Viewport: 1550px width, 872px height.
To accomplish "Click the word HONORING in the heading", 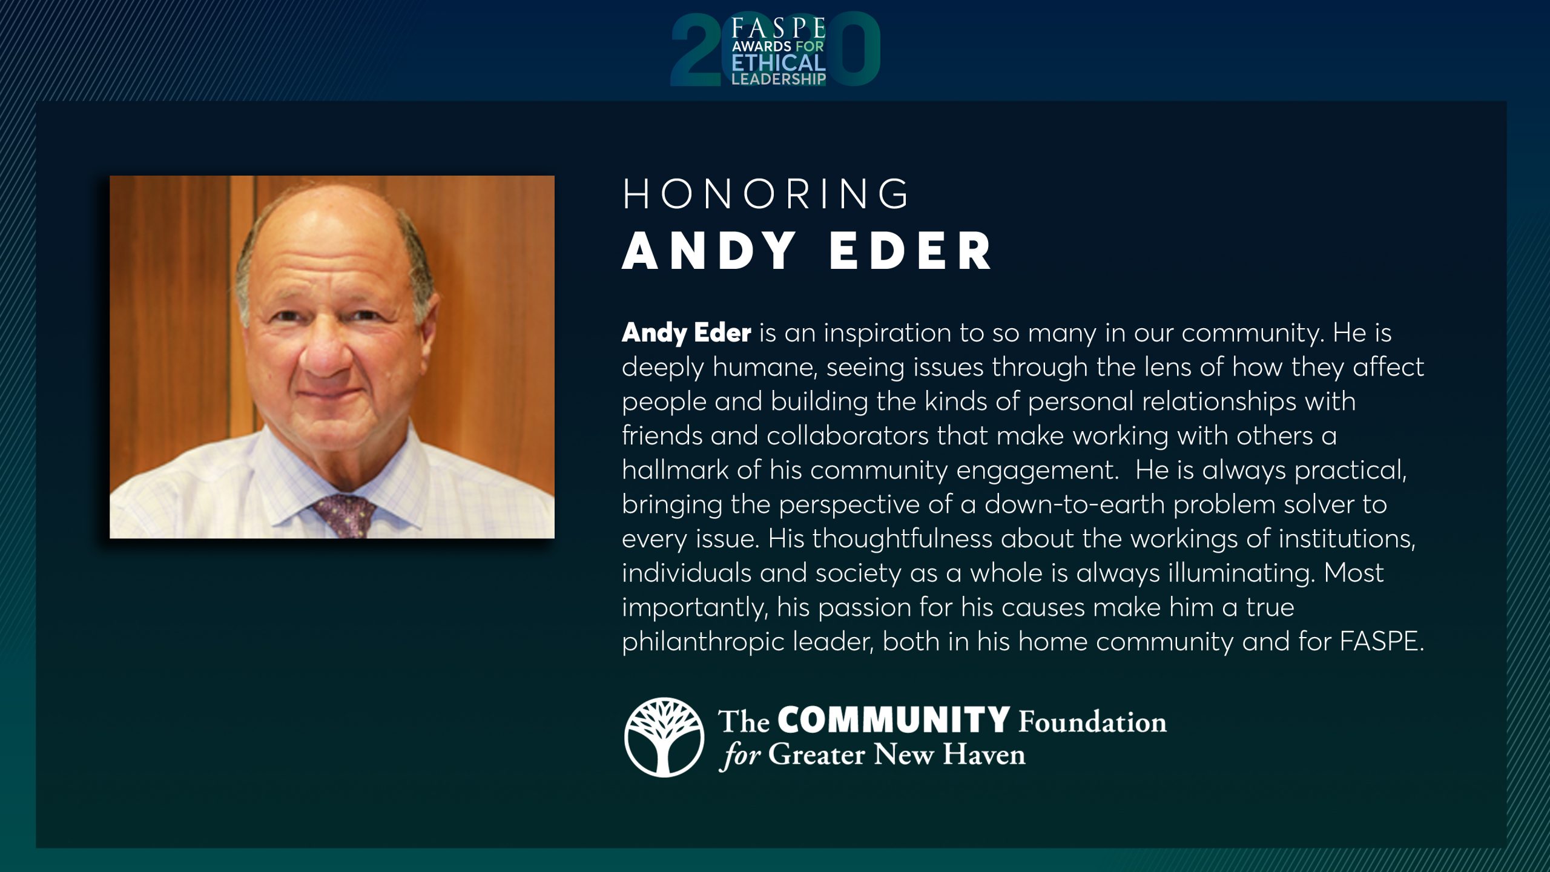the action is click(x=765, y=194).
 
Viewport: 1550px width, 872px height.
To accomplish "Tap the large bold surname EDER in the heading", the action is click(x=910, y=251).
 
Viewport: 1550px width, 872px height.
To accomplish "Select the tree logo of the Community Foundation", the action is click(x=664, y=737).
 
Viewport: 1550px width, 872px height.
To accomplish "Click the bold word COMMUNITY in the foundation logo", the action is click(x=894, y=720).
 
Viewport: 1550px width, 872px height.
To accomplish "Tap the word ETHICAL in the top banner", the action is click(x=779, y=63).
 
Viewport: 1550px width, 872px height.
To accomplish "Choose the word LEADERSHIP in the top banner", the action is click(x=779, y=79).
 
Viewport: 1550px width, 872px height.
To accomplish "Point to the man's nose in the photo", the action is click(x=328, y=351).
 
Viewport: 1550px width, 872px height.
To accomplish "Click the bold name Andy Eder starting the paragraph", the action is click(x=687, y=332).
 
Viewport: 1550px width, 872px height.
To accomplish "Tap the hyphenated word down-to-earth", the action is click(x=1075, y=504).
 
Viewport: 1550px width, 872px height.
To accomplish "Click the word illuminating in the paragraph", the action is click(x=1242, y=573).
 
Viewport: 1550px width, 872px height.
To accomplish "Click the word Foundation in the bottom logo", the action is click(x=1092, y=721).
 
